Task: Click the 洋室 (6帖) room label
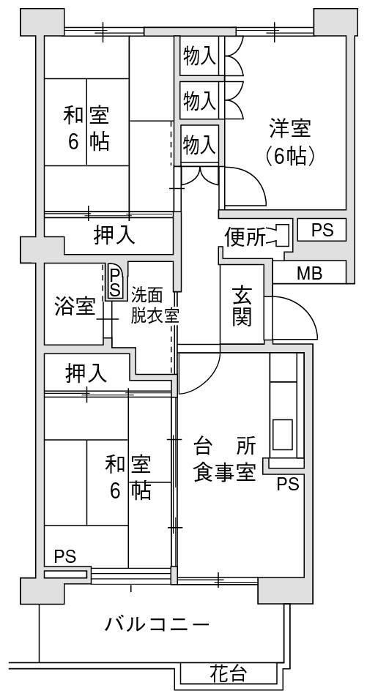tap(290, 142)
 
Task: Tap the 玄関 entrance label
tap(242, 306)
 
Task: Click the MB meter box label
tap(310, 273)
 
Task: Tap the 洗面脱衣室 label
tap(155, 305)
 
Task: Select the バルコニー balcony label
tap(157, 624)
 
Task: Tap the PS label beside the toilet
tap(322, 230)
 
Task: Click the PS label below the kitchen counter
tap(288, 484)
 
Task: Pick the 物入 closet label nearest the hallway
tap(200, 144)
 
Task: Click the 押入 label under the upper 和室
tap(114, 236)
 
